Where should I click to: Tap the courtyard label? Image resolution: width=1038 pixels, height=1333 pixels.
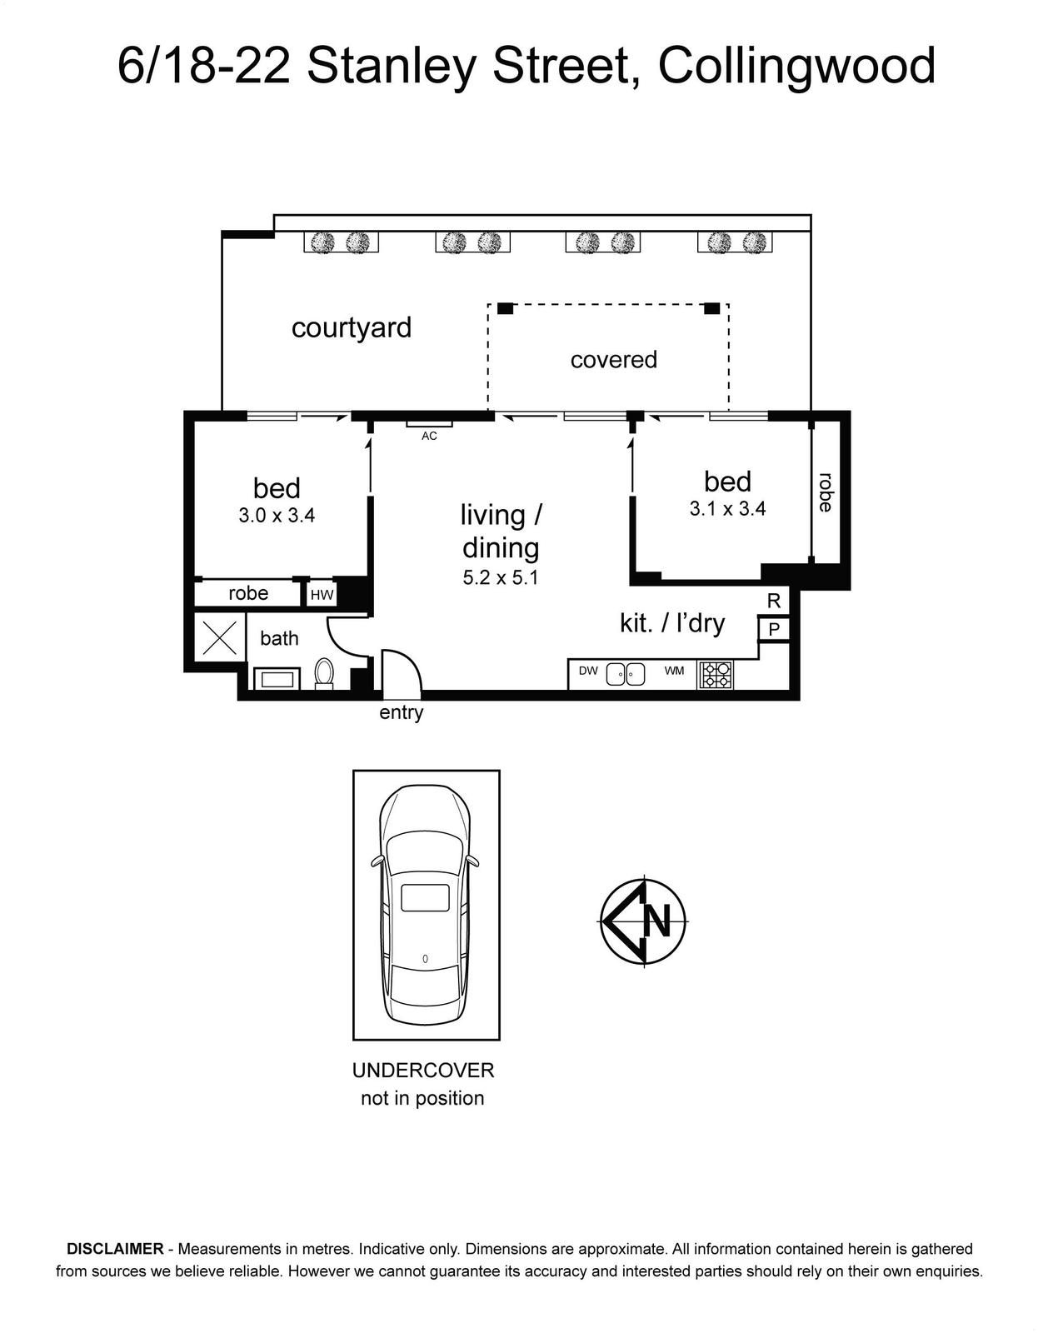point(352,327)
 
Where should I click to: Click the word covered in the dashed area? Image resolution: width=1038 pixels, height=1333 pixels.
point(613,360)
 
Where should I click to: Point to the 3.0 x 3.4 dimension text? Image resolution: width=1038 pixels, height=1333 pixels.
point(277,516)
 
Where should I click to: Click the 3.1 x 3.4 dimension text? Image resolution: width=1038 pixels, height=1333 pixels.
point(727,509)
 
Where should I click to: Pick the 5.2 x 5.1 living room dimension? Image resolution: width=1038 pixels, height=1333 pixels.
point(501,577)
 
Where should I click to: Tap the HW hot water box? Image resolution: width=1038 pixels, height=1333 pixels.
point(322,595)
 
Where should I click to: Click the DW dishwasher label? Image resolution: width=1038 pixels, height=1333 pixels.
point(588,671)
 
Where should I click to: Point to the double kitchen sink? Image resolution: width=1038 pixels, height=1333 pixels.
point(626,673)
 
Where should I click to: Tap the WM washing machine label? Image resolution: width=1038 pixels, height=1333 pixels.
point(674,671)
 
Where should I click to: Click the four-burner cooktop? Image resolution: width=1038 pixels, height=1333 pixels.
point(716,674)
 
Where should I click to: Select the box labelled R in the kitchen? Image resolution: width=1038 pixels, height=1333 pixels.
point(774,601)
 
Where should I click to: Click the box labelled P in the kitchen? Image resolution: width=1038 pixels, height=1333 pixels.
point(774,629)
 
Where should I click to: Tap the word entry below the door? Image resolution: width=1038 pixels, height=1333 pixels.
point(402,713)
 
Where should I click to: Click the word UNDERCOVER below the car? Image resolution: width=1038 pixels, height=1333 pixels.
point(423,1071)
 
